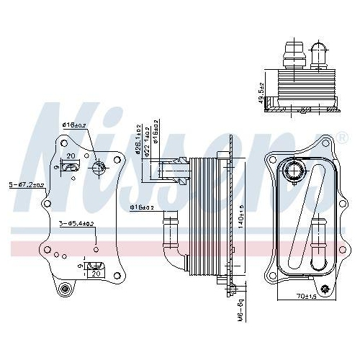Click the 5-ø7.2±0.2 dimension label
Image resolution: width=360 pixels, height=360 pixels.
click(27, 185)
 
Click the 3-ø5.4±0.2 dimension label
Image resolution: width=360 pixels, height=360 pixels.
click(77, 224)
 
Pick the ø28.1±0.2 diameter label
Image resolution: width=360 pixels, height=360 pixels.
click(137, 137)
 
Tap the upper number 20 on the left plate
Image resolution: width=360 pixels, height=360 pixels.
click(71, 156)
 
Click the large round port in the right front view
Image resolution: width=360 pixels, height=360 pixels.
click(293, 173)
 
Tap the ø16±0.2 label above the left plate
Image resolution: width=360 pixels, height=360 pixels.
click(75, 125)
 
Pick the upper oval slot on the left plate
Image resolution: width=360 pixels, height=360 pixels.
click(71, 168)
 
